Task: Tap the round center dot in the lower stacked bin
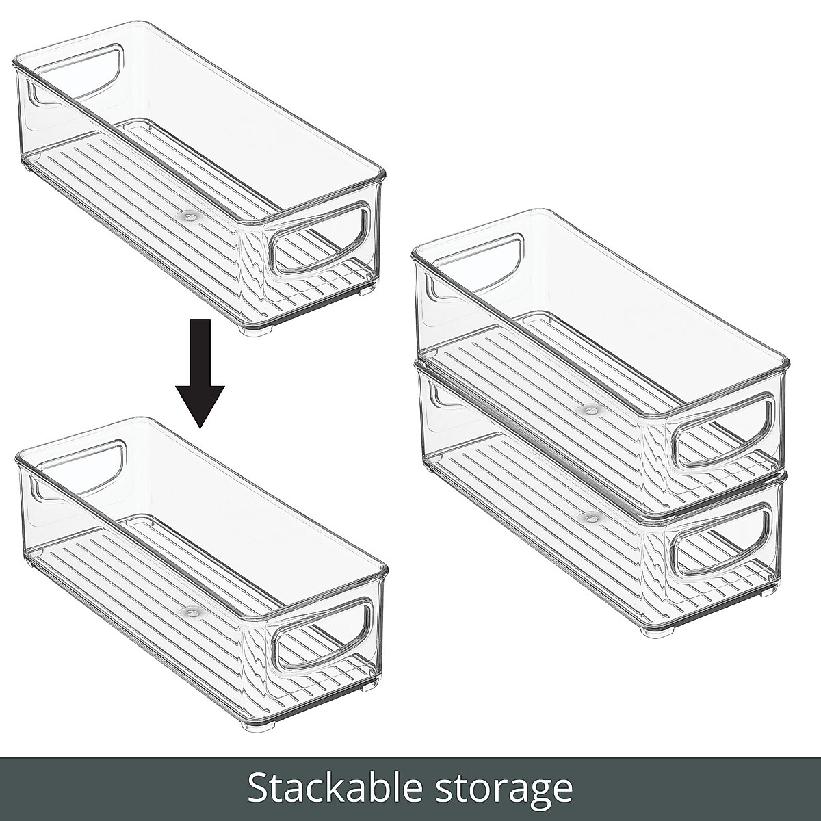[587, 514]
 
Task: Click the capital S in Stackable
[259, 788]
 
